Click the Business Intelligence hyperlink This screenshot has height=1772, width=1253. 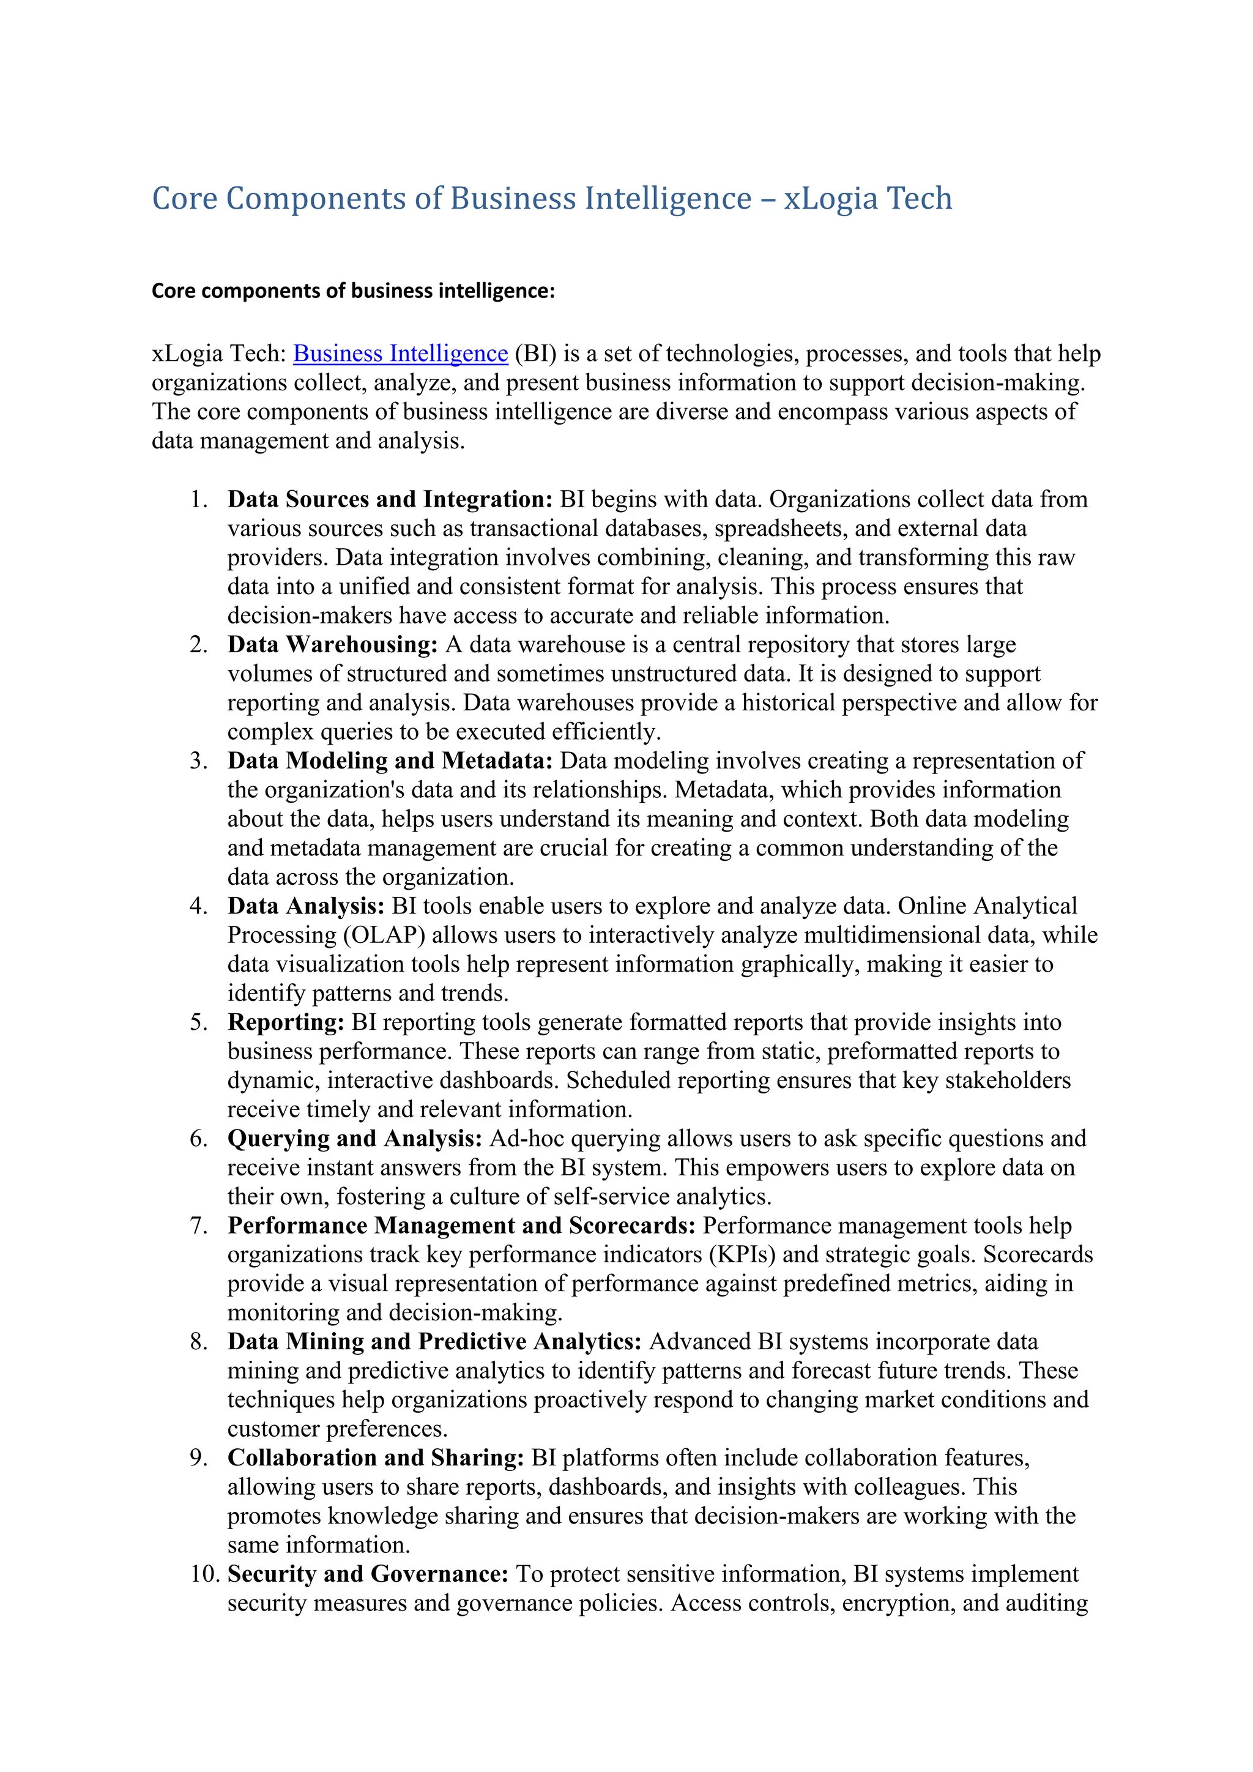[x=401, y=354]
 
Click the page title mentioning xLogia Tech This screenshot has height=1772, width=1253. [x=552, y=198]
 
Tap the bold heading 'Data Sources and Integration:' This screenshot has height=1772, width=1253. [x=390, y=499]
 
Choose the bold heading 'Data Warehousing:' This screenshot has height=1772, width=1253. [x=333, y=644]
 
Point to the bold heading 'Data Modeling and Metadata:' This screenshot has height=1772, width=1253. [x=390, y=761]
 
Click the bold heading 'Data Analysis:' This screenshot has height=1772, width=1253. [x=305, y=906]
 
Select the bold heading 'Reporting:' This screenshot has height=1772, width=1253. [x=286, y=1022]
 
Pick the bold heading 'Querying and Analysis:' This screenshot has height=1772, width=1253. [x=355, y=1138]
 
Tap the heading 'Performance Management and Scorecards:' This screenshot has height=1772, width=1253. [x=461, y=1226]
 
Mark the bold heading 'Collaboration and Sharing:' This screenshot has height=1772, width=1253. [x=376, y=1458]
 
